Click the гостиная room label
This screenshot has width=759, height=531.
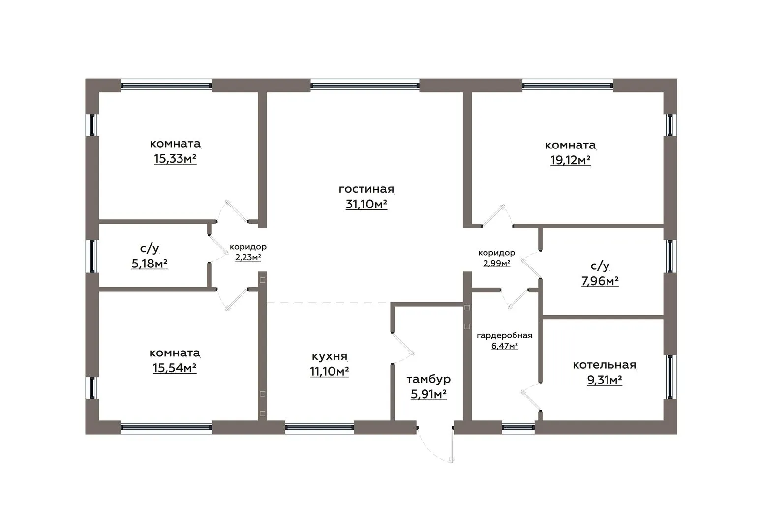[x=366, y=189]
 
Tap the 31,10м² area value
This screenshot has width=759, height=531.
[x=366, y=204]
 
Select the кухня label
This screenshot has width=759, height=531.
[x=330, y=356]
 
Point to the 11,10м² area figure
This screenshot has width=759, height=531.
[x=330, y=371]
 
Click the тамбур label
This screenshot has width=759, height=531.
[x=428, y=379]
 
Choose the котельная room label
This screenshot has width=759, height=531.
[x=604, y=365]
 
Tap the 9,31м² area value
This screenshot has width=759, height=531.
[x=604, y=380]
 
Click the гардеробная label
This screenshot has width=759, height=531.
[x=504, y=336]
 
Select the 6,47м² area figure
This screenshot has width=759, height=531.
[x=504, y=346]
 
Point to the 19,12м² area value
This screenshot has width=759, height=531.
[x=570, y=160]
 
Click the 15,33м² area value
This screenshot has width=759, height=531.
[x=175, y=158]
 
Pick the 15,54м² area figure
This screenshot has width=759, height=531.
[x=175, y=368]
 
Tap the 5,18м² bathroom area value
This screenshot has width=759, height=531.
[x=150, y=263]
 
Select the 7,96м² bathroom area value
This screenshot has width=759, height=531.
[x=600, y=281]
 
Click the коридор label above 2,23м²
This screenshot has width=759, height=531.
[x=248, y=247]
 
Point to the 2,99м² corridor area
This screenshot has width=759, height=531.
[x=496, y=263]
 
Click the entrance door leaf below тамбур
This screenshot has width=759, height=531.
[x=452, y=444]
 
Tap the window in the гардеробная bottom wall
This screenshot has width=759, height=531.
[x=518, y=427]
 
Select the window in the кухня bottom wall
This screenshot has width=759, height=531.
[x=320, y=427]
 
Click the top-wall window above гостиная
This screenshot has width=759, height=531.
[x=365, y=86]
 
